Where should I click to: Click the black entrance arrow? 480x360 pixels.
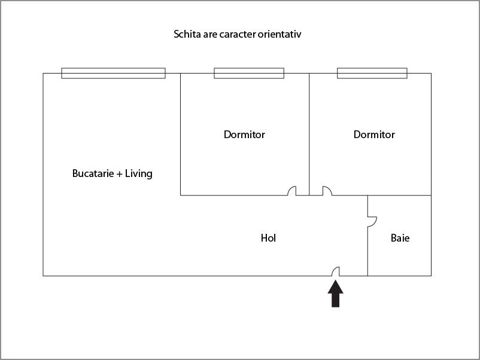click(x=336, y=294)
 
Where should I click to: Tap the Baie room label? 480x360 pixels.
click(x=400, y=238)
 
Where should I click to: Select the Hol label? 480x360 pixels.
click(x=268, y=238)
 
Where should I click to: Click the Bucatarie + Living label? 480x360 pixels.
click(x=112, y=174)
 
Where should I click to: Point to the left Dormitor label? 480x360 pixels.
click(x=244, y=135)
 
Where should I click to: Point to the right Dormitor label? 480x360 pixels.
click(x=374, y=135)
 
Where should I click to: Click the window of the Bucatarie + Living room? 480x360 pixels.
click(x=113, y=74)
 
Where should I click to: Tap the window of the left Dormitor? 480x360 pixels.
click(x=249, y=74)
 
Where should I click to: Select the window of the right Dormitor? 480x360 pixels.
click(x=372, y=74)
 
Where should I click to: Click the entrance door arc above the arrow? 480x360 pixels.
click(x=336, y=271)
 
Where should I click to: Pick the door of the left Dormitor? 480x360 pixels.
click(x=292, y=191)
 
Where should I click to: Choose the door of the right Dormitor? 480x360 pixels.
click(x=327, y=191)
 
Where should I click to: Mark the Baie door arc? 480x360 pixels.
click(x=372, y=221)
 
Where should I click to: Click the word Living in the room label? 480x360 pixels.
click(x=139, y=174)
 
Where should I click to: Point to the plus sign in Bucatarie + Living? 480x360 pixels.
click(x=120, y=174)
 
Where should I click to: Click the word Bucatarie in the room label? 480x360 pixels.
click(x=93, y=174)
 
